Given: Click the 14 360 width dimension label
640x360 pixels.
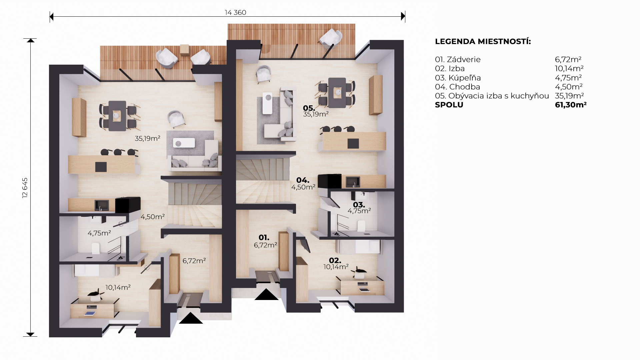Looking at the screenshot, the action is point(235,13).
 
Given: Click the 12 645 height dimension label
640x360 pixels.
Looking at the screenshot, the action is point(25,188).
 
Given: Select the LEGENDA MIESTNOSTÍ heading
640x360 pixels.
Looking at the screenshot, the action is point(483,42).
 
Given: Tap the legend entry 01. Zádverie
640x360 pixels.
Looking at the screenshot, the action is point(458,60).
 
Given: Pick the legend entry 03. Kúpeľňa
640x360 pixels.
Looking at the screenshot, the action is point(458,78).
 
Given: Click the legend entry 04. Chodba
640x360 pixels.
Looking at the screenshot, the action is point(457,87).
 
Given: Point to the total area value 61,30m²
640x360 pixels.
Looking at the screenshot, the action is point(571,105).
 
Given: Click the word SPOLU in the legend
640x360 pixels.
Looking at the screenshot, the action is point(449,105).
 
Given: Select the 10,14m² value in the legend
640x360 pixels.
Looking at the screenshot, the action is point(569,69).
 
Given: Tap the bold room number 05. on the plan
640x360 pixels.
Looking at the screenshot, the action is point(309,108).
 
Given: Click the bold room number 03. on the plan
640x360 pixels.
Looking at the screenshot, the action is point(359,205).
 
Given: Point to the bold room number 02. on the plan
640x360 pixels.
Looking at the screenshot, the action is point(335,261).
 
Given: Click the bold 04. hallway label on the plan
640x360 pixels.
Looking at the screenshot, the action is point(303,180).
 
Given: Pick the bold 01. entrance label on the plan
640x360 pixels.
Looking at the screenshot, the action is point(264,238).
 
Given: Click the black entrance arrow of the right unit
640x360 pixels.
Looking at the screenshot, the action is point(266,294).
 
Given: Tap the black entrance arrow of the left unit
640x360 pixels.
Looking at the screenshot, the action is point(191,318).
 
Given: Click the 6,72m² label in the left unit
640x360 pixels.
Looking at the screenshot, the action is point(194,261).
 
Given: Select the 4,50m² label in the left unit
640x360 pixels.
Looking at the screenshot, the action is point(152,217).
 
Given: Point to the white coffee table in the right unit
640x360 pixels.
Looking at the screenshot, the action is point(267,103).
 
